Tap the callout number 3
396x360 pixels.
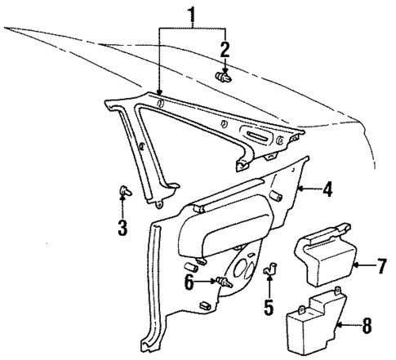pyautogui.click(x=122, y=228)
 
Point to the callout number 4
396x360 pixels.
pyautogui.click(x=327, y=191)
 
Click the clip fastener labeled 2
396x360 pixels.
pyautogui.click(x=223, y=78)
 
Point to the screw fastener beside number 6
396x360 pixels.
pyautogui.click(x=220, y=282)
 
